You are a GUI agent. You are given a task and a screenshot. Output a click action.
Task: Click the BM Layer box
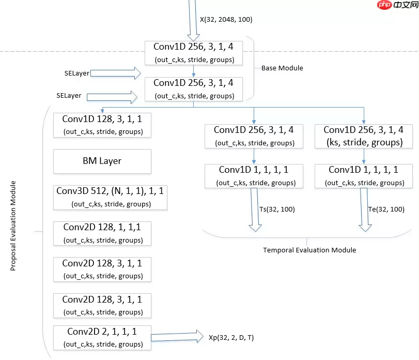102,161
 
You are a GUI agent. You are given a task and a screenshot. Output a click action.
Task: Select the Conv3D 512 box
111,197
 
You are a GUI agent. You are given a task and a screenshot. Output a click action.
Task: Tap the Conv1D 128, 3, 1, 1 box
102,125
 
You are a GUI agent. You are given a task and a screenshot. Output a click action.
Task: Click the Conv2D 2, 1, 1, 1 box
102,337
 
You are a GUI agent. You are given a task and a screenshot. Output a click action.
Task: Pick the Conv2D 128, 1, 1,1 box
102,233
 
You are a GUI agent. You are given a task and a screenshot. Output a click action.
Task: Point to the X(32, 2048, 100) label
226,19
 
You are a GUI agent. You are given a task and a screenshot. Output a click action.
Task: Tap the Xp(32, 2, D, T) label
231,337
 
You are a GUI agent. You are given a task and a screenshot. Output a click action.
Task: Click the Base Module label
282,68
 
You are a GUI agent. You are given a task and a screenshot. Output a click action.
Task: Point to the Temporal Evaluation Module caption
309,250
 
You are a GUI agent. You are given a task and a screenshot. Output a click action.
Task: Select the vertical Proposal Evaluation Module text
13,226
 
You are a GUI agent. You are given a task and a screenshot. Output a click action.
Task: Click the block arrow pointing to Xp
176,337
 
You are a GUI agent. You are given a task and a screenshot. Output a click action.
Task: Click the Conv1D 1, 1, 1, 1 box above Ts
254,176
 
